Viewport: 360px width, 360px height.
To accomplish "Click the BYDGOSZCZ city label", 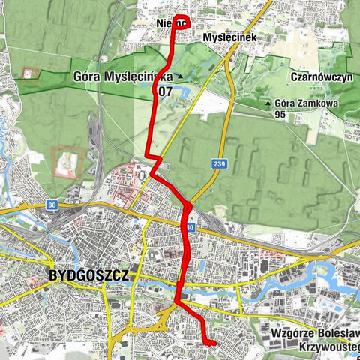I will pyautogui.click(x=88, y=275).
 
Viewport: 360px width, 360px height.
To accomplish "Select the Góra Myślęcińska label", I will pyautogui.click(x=124, y=76).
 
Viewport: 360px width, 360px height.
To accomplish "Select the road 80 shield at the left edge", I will pyautogui.click(x=50, y=204).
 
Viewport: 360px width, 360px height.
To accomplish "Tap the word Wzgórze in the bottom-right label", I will pyautogui.click(x=295, y=332).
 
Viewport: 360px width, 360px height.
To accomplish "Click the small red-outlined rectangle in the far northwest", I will pyautogui.click(x=29, y=73).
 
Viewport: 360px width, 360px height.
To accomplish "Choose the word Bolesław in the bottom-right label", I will pyautogui.click(x=337, y=332).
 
